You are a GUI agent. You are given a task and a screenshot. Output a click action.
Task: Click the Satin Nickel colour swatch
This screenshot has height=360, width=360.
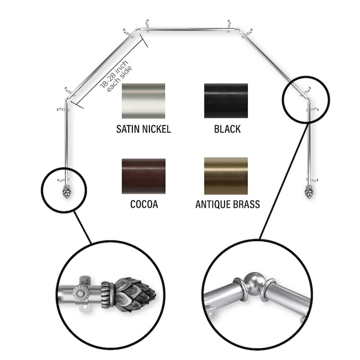tap(143, 101)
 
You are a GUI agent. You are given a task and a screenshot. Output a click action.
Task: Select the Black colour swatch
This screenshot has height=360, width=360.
tap(226, 101)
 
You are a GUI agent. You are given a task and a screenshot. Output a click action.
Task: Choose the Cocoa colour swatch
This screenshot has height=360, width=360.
tap(144, 176)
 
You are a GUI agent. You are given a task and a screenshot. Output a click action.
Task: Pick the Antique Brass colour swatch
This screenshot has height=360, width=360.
tap(226, 176)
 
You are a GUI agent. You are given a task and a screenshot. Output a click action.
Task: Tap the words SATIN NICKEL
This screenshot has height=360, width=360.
tap(144, 129)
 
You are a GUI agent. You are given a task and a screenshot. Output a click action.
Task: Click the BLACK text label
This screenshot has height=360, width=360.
tap(227, 129)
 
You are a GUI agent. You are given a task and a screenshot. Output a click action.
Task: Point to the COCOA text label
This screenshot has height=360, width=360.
tap(144, 204)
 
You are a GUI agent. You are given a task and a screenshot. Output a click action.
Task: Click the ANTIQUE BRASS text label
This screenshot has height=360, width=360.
tap(228, 204)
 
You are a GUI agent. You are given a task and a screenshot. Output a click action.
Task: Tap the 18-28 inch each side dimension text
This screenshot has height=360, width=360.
tap(116, 76)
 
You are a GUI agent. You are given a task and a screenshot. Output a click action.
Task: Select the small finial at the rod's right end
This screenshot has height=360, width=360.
tap(309, 192)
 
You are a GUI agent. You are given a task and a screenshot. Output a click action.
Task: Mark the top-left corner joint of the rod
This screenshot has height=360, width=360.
tap(138, 29)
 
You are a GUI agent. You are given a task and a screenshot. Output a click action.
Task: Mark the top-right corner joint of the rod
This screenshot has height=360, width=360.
tap(238, 29)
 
